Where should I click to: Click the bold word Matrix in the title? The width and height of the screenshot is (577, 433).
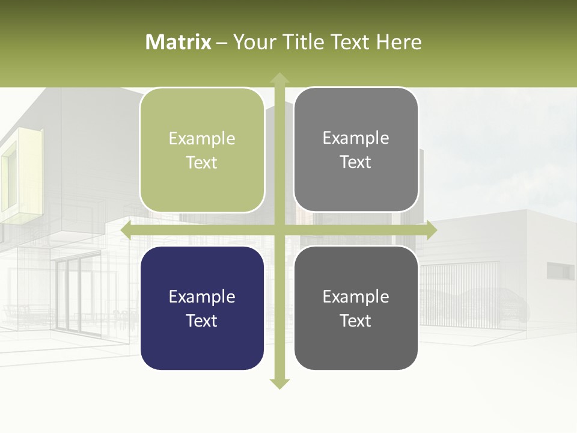click(x=179, y=42)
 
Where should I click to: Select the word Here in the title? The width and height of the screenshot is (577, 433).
click(x=399, y=42)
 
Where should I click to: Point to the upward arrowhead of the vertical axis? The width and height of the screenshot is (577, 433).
click(x=279, y=78)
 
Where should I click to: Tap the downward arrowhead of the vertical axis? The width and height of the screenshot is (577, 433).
click(x=279, y=383)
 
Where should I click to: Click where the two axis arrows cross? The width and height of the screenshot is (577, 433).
click(x=279, y=230)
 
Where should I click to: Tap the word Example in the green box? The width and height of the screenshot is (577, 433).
click(x=202, y=139)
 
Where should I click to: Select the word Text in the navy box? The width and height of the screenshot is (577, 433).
click(x=202, y=321)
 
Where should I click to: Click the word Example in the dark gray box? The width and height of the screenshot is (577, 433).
click(x=356, y=296)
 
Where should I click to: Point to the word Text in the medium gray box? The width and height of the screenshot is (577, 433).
click(x=356, y=162)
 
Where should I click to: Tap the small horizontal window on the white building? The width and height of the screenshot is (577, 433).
click(x=560, y=271)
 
